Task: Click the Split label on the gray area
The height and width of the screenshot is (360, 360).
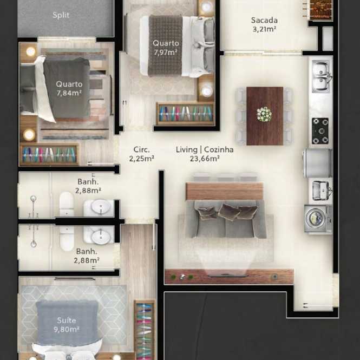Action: tap(61, 15)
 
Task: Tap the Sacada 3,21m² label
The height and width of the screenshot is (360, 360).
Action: tap(264, 24)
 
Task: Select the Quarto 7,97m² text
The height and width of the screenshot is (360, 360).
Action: tap(166, 48)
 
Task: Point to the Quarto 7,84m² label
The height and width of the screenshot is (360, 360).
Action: tap(69, 88)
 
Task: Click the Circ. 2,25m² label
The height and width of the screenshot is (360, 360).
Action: tap(141, 154)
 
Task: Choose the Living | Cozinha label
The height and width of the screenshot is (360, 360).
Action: tap(205, 150)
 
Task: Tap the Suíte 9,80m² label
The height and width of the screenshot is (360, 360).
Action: tap(67, 325)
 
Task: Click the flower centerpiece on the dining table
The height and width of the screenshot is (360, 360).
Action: tap(264, 114)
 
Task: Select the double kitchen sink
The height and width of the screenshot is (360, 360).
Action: tap(321, 76)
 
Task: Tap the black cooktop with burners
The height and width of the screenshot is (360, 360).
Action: tap(320, 131)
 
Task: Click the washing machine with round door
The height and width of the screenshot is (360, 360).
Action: tap(318, 219)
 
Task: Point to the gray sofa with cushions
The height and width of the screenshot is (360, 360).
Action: tap(226, 219)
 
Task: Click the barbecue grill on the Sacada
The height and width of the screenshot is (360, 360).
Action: tap(320, 10)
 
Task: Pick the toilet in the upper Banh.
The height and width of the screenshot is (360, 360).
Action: tap(67, 204)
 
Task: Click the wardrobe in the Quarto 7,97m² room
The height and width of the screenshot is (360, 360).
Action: tap(185, 114)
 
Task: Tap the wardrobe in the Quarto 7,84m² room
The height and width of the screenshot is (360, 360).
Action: tap(49, 154)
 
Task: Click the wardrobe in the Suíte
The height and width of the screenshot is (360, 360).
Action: tap(145, 330)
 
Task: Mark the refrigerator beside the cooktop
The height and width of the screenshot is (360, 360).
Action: tap(318, 163)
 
